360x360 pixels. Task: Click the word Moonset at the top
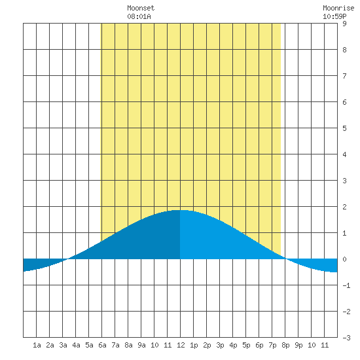coord(141,8)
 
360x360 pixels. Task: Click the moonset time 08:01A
coord(139,16)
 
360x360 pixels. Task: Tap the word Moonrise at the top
coord(338,8)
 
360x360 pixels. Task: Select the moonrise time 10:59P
coord(334,16)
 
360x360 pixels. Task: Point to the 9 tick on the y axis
coord(344,24)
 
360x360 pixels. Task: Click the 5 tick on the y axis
coord(344,128)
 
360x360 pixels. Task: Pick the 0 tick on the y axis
coord(344,259)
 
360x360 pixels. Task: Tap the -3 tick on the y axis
coord(346,338)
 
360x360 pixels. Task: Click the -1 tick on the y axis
coord(346,285)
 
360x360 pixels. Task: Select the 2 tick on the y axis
coord(344,207)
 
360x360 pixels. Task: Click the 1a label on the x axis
coord(37,345)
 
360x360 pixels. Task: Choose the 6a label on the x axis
coord(102,345)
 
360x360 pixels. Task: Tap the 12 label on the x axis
coord(181,345)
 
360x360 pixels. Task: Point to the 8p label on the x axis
coord(285,345)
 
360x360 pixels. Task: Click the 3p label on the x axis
coord(220,345)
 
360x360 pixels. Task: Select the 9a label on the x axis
coord(141,345)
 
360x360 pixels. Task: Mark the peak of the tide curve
coord(180,210)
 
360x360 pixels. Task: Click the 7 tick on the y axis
coord(344,76)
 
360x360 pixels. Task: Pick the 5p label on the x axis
coord(246,345)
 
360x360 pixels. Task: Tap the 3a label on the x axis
coord(63,345)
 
